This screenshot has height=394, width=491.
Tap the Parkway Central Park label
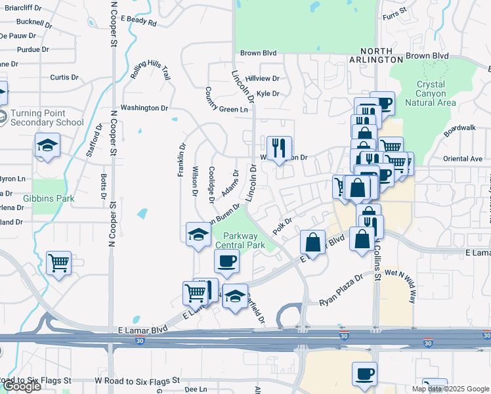tap(244, 240)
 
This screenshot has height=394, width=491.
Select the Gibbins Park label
tap(49, 198)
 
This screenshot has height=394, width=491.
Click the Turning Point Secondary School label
tap(46, 117)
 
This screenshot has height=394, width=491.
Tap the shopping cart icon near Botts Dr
tap(58, 263)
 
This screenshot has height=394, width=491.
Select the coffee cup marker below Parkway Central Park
tap(226, 261)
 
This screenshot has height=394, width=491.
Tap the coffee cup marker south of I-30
tap(364, 374)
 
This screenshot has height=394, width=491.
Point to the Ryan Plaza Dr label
tap(341, 291)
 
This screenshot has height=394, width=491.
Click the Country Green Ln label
tap(226, 100)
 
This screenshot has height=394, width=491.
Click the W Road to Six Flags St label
tap(137, 380)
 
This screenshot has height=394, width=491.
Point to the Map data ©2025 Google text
tap(450, 389)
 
